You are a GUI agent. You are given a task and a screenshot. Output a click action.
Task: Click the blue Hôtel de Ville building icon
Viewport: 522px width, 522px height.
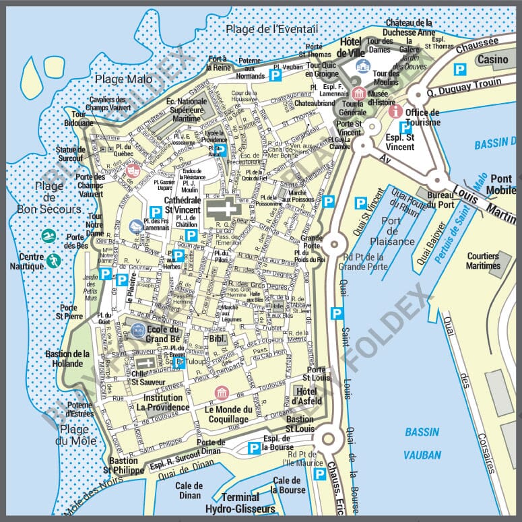(363, 65)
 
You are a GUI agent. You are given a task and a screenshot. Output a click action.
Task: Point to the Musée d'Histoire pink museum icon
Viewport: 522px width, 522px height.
(359, 93)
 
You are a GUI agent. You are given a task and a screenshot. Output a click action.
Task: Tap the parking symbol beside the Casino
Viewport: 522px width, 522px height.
(459, 69)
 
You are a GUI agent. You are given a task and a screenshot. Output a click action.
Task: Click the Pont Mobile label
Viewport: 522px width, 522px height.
(502, 184)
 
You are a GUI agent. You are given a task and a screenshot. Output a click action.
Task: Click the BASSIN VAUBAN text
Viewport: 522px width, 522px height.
(422, 443)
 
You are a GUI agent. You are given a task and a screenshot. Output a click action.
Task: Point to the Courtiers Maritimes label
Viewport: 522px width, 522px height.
(482, 261)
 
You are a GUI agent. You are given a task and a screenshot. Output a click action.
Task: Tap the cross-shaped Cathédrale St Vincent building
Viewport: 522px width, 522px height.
(223, 209)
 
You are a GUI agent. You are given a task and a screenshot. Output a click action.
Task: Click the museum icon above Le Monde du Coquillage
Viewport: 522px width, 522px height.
(221, 393)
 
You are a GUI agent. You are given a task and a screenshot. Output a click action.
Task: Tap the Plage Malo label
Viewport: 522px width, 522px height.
(123, 79)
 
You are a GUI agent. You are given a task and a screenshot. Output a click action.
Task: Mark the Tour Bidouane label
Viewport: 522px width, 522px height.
(79, 119)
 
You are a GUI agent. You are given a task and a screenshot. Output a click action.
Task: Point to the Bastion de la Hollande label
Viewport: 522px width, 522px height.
(67, 358)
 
